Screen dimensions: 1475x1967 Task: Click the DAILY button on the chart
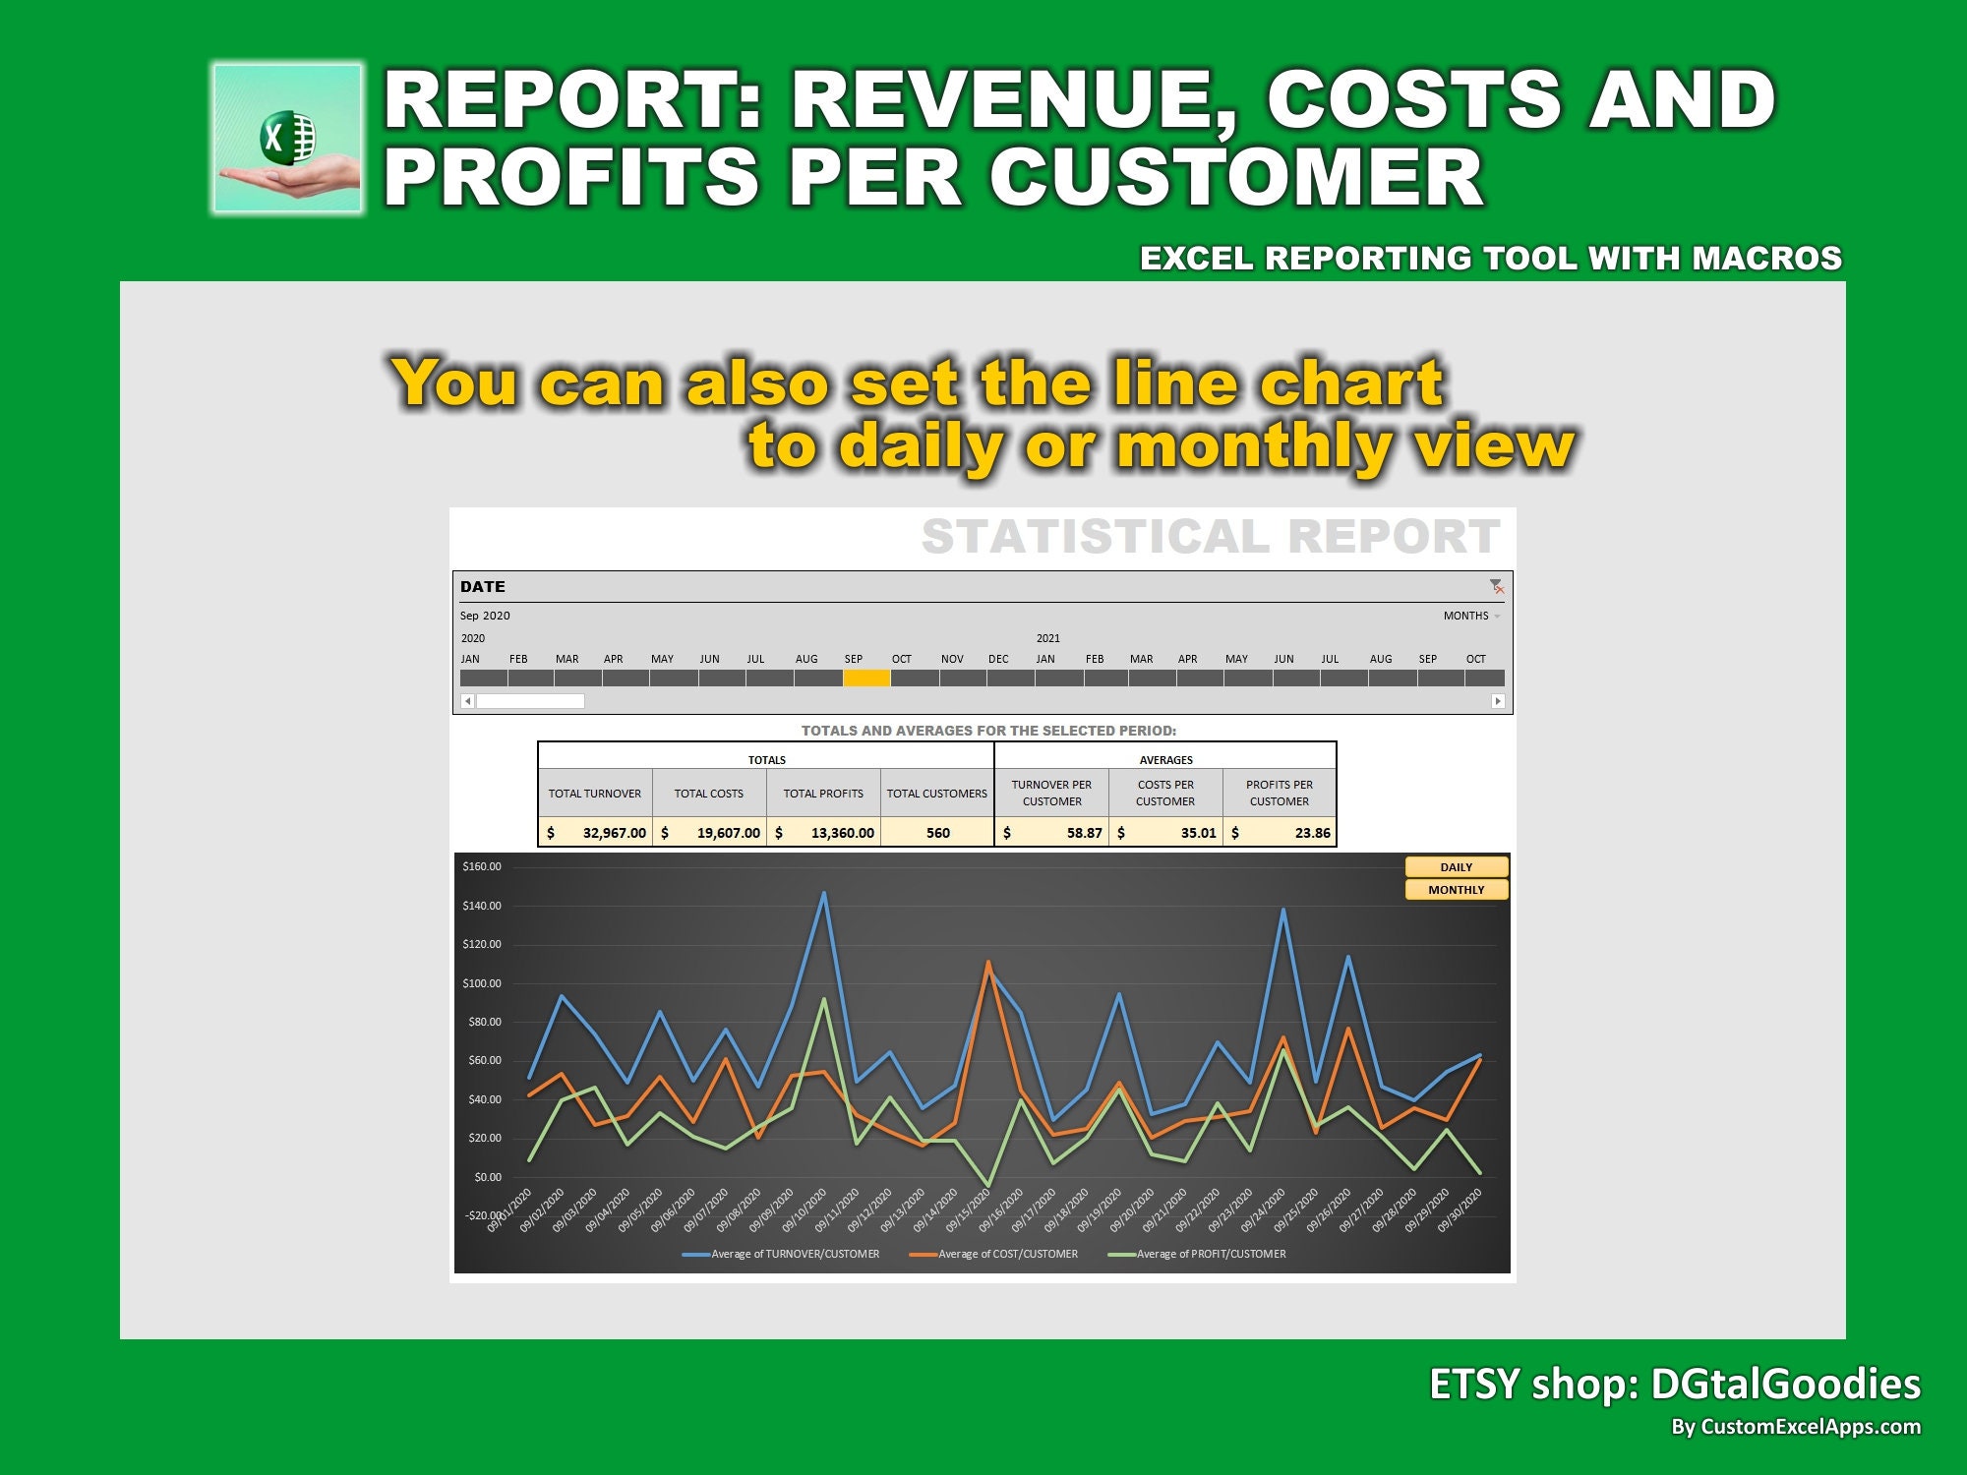1456,867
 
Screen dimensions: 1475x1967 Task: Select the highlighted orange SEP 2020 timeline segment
866,678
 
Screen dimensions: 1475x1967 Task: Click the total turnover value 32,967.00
613,833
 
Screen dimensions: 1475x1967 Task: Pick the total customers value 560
937,833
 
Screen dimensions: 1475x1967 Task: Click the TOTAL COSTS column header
708,794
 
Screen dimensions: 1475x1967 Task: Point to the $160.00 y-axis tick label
482,866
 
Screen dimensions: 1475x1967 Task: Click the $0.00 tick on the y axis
487,1177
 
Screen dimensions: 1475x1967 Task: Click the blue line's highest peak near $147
823,894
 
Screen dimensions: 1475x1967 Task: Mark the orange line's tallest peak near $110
987,963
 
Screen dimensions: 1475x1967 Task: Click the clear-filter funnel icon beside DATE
1496,587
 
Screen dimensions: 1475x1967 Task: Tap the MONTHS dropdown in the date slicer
1471,616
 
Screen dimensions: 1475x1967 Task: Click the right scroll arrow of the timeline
1498,701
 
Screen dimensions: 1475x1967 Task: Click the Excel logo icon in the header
287,139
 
